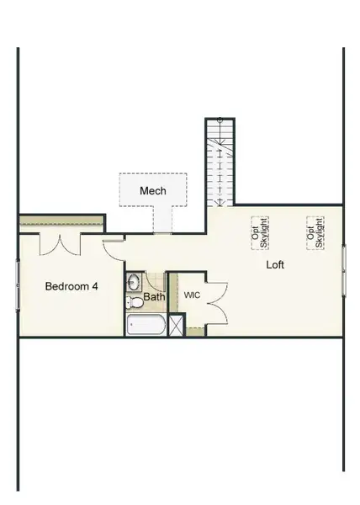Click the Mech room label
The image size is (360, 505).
point(153,190)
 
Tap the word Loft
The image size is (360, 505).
point(275,264)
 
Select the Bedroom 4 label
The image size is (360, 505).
point(71,286)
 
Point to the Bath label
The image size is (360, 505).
point(154,297)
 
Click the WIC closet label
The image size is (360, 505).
point(192,295)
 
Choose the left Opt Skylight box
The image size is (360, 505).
point(259,231)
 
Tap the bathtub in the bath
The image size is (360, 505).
point(146,325)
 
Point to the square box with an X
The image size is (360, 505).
point(177,325)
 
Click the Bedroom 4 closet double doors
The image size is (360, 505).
point(59,243)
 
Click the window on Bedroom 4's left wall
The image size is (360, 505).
point(18,286)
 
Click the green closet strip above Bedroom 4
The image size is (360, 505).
point(61,222)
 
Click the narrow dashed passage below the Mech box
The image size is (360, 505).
point(162,221)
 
